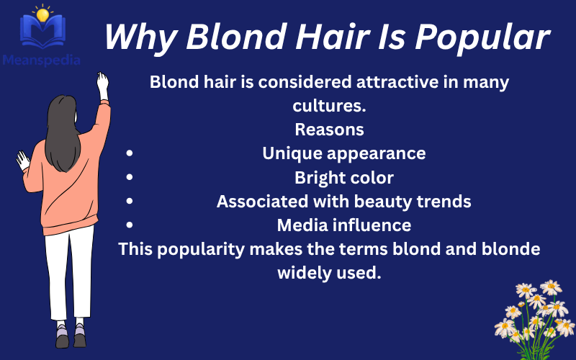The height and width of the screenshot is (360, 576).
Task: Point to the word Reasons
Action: tap(329, 130)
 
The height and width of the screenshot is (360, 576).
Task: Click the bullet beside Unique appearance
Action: tap(129, 154)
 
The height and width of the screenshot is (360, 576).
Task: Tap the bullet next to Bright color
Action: tap(129, 178)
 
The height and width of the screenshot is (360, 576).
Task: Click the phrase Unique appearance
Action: tap(343, 154)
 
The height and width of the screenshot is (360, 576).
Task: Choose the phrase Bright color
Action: tap(343, 178)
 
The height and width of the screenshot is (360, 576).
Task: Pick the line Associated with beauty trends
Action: tap(343, 202)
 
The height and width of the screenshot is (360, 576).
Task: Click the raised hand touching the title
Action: tap(102, 84)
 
